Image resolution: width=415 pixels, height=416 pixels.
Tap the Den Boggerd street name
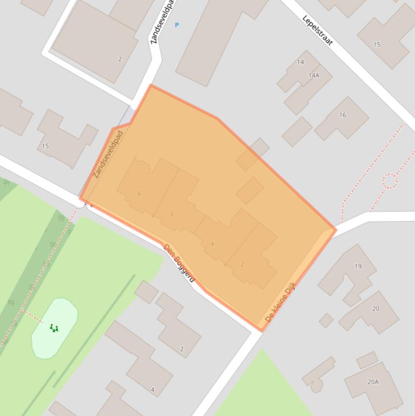click(179, 263)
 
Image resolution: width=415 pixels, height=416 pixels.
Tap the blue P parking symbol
click(176, 25)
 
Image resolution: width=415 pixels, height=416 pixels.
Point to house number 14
click(301, 62)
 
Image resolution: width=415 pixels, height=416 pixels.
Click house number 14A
click(314, 76)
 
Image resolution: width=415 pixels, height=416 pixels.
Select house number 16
click(343, 115)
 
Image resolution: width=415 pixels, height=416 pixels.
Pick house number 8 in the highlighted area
click(139, 193)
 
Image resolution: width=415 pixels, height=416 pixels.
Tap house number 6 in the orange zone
click(172, 214)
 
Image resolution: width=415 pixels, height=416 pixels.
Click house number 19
click(358, 266)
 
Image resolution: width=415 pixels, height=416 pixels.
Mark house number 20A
click(373, 382)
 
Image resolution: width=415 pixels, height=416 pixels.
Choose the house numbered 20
click(376, 309)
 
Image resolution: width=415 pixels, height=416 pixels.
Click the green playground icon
click(54, 328)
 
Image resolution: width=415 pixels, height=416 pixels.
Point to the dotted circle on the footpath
click(390, 181)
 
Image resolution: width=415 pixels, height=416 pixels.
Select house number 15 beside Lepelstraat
click(377, 44)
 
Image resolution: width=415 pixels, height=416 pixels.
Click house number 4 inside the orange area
click(212, 244)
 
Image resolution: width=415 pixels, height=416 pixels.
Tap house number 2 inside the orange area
click(242, 264)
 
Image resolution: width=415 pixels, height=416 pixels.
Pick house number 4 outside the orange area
click(152, 390)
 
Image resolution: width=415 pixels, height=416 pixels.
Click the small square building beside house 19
click(326, 320)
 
